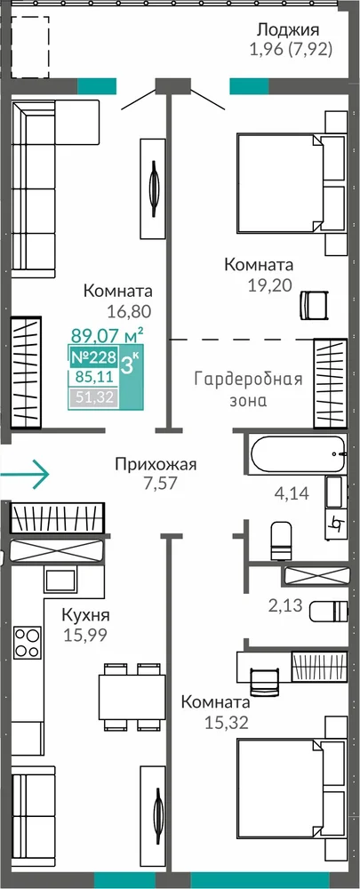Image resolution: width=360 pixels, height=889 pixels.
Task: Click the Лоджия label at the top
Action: pos(288,29)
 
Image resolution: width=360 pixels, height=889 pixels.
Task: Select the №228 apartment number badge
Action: pos(93,357)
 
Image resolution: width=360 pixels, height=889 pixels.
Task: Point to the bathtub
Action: pos(298,454)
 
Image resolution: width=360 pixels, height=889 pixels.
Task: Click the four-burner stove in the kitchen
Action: pos(28,643)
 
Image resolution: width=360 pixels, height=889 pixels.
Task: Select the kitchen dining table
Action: pos(132,697)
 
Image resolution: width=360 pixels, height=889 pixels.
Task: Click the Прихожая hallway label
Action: pos(156,466)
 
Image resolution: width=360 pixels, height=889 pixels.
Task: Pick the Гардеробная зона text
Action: pos(248,389)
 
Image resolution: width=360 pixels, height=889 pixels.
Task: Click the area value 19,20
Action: pos(269,284)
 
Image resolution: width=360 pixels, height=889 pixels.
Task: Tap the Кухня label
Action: pos(85,615)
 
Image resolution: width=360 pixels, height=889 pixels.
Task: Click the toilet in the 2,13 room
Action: pos(328,611)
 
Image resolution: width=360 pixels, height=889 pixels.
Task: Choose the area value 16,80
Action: pos(128,310)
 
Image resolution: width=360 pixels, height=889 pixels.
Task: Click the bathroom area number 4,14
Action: pos(292,493)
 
